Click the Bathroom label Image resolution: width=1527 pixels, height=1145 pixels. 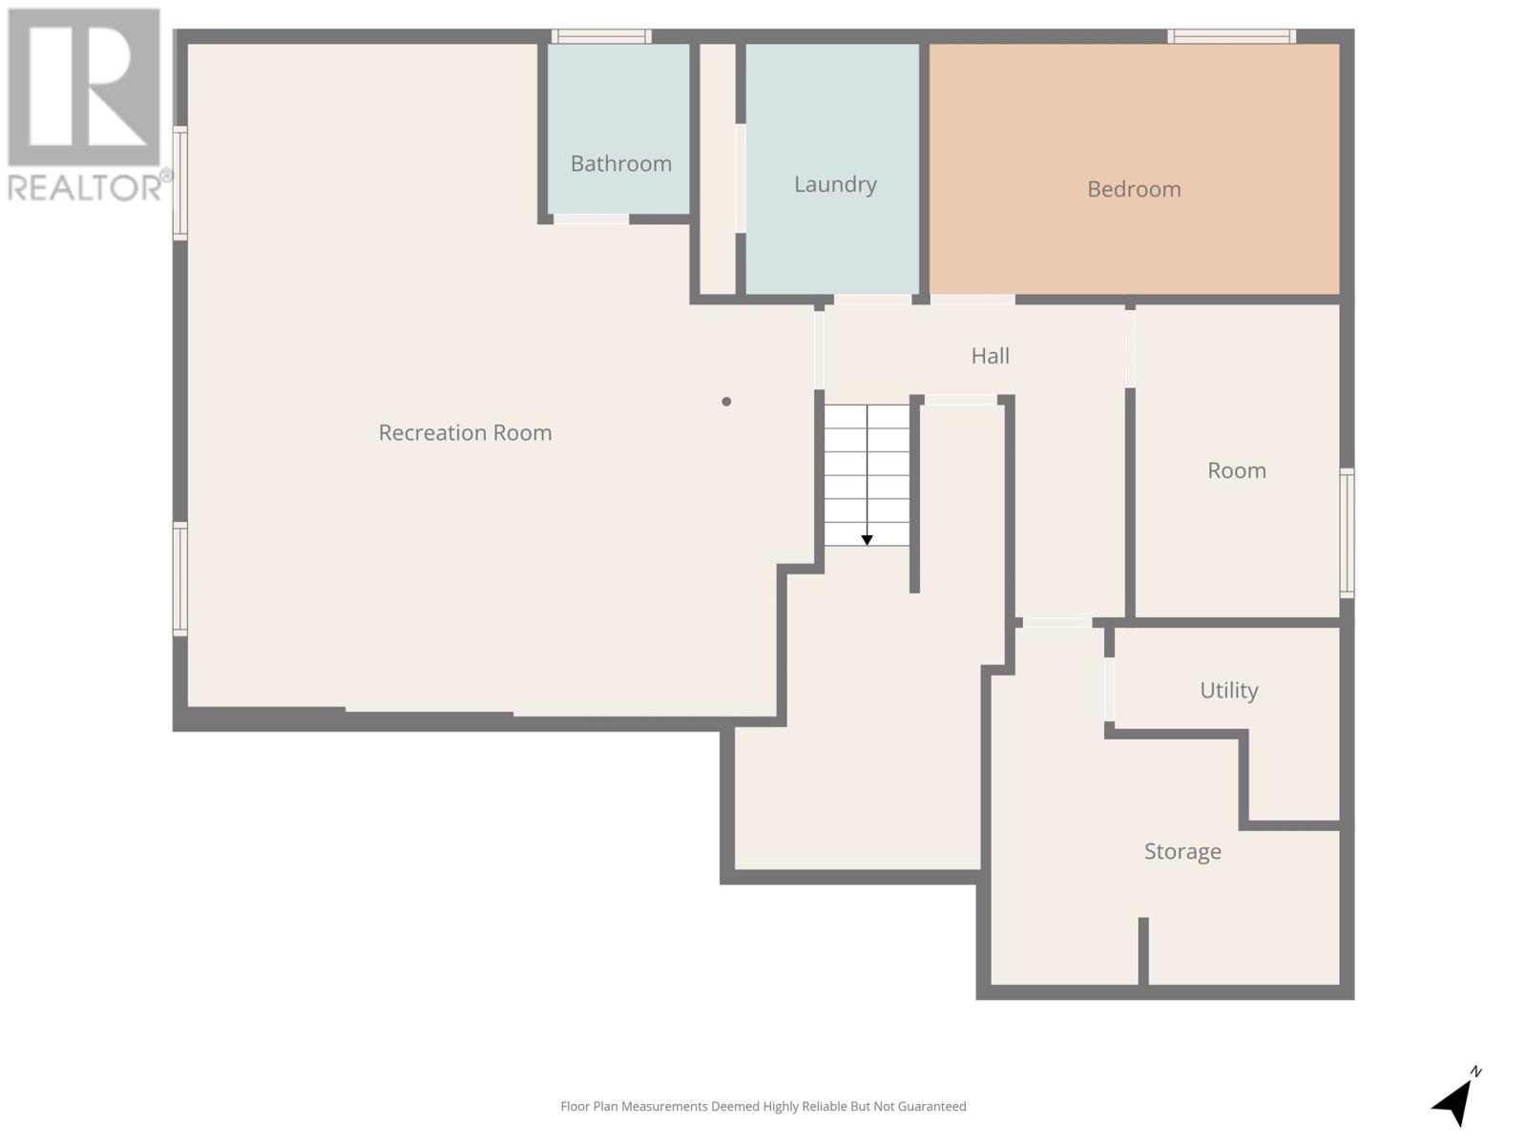click(x=620, y=163)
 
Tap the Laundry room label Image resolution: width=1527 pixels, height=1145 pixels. click(x=835, y=184)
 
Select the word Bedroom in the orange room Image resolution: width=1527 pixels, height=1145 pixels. click(x=1134, y=189)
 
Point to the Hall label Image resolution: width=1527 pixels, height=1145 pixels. click(x=990, y=356)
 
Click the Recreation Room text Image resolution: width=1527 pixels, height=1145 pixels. click(x=465, y=433)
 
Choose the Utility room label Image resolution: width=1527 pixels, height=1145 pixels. click(x=1228, y=690)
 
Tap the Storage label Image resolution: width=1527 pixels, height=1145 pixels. click(x=1182, y=851)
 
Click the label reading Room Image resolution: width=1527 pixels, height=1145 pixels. click(x=1236, y=470)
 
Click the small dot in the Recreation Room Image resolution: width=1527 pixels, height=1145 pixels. click(x=726, y=402)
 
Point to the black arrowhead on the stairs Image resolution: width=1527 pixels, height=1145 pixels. click(x=867, y=540)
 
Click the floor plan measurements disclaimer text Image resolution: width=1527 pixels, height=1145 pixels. click(x=763, y=1107)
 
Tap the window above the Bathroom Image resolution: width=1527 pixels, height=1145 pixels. click(x=601, y=36)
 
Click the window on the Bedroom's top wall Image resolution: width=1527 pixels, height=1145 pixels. click(x=1231, y=36)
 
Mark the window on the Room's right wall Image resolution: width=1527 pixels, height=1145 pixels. click(x=1347, y=532)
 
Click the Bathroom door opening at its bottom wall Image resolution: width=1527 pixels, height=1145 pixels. click(x=591, y=219)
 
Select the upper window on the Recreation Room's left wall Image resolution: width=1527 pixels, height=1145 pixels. click(x=179, y=183)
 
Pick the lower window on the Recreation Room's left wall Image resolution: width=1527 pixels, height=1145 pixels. click(x=179, y=578)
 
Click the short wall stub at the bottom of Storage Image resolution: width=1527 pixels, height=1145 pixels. click(x=1142, y=950)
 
